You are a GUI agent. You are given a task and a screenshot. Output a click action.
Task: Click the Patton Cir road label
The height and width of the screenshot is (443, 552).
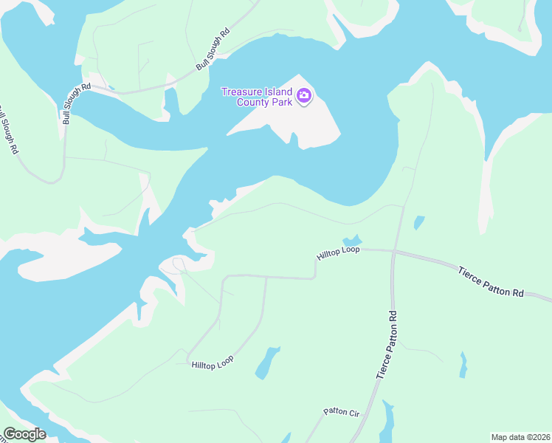341,412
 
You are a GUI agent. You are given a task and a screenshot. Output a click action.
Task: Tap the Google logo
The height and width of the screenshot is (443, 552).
24,434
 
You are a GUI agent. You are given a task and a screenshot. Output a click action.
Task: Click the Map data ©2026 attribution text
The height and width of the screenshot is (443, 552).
520,437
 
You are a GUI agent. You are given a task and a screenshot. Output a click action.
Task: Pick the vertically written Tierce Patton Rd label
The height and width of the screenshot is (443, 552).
387,346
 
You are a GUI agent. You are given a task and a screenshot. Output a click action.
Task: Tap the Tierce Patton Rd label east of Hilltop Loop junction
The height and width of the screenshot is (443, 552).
491,283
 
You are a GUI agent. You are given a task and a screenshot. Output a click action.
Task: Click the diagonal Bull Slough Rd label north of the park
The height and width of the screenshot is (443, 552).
213,49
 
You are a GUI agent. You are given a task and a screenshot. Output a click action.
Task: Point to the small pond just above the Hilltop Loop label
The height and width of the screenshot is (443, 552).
351,241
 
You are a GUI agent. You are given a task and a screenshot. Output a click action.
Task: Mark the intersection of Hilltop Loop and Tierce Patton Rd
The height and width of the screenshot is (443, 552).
394,252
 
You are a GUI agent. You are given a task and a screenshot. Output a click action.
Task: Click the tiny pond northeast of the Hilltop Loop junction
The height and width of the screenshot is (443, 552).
419,221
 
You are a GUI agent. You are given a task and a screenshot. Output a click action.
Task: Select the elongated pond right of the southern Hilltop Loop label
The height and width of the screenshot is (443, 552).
267,362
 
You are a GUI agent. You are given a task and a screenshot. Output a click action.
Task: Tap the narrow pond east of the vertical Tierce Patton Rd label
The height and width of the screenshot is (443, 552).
463,365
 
